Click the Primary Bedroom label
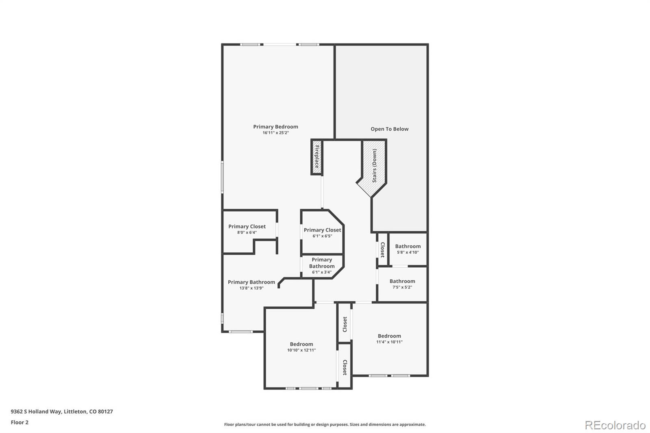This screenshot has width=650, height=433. [275, 127]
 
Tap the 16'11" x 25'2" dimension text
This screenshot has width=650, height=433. [275, 133]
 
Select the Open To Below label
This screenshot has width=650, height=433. [390, 129]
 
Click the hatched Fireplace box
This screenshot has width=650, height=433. [317, 157]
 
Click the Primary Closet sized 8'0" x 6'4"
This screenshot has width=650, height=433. [247, 226]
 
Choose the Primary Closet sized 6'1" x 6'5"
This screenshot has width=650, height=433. [323, 230]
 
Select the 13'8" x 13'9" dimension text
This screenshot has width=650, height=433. [251, 288]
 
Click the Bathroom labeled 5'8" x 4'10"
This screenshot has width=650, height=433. [408, 246]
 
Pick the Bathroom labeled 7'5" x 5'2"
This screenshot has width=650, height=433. [402, 281]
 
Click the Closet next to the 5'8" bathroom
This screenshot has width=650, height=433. [382, 249]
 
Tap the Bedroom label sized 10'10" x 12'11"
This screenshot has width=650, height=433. [301, 344]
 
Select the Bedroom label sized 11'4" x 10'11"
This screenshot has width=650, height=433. [390, 336]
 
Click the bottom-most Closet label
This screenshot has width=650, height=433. [345, 368]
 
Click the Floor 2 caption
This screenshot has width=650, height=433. [20, 422]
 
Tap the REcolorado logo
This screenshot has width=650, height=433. [615, 425]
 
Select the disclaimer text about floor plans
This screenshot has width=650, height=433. [325, 424]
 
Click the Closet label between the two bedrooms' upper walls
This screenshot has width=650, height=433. [345, 324]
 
